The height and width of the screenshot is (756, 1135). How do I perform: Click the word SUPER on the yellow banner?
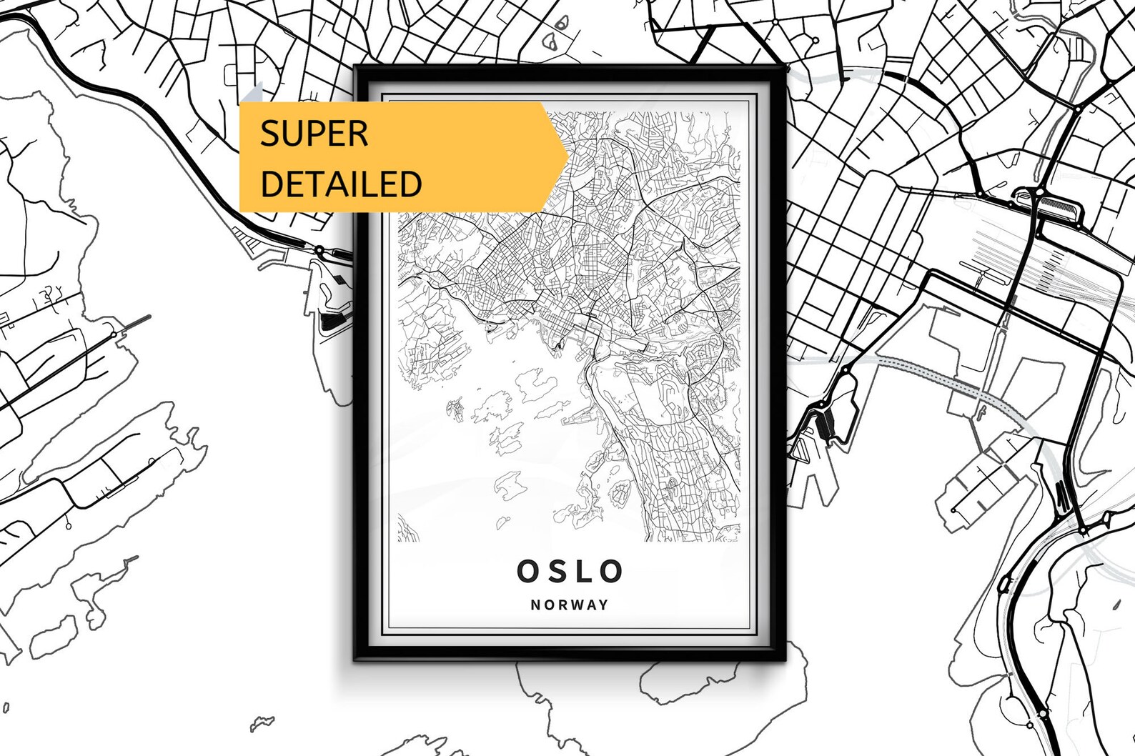(314, 134)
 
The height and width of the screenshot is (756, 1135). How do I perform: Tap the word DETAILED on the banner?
(340, 184)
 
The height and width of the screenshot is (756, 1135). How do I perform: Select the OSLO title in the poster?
(570, 571)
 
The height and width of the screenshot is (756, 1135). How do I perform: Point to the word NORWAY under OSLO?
(570, 605)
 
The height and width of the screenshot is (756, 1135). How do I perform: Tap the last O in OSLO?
(613, 571)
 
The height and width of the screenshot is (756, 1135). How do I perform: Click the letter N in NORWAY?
(535, 605)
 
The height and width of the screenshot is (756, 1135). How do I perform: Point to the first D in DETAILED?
(271, 184)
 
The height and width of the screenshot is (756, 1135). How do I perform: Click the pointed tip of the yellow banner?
(568, 156)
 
